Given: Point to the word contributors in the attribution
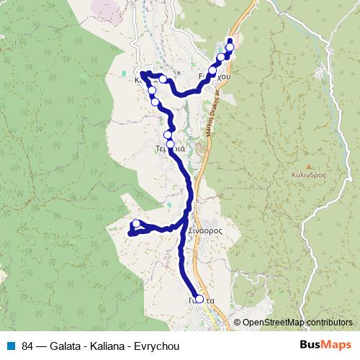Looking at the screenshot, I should click(x=329, y=323).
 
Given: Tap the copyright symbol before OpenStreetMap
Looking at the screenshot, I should click(x=237, y=323).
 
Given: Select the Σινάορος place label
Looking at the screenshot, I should click(x=204, y=230).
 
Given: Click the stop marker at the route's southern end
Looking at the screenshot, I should click(x=199, y=299).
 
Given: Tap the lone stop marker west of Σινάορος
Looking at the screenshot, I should click(x=136, y=224).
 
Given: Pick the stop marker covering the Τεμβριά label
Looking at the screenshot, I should click(x=171, y=145).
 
